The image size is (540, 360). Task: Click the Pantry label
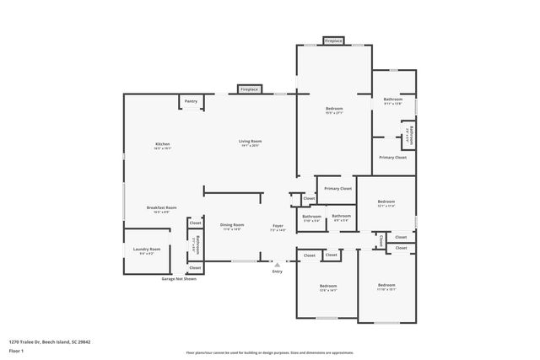192,101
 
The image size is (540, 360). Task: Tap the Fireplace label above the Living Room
249,89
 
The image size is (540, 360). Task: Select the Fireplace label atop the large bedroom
333,40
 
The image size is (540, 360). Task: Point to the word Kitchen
163,144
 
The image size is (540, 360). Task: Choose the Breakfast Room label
161,208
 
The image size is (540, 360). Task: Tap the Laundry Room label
147,249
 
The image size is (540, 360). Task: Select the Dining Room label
232,225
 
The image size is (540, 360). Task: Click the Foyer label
278,225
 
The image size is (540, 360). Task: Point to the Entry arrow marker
277,264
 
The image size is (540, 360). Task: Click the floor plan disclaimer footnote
270,352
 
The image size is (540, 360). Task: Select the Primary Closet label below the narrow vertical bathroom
392,158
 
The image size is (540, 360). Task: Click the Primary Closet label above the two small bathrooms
337,189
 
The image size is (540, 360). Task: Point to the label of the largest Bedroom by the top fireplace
334,109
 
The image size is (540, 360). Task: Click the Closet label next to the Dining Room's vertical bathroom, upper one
195,223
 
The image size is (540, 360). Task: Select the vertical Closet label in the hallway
382,240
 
